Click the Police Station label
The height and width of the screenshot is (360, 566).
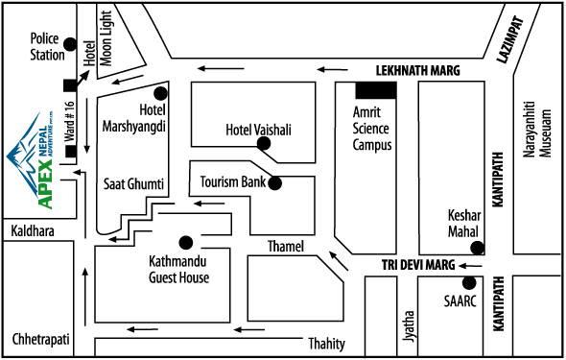pyautogui.click(x=47, y=47)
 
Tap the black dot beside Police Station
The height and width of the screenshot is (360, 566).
pyautogui.click(x=70, y=44)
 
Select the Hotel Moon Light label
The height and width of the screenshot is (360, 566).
pyautogui.click(x=100, y=42)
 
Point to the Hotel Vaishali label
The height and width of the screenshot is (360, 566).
pyautogui.click(x=258, y=130)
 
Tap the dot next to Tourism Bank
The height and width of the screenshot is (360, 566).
pyautogui.click(x=275, y=182)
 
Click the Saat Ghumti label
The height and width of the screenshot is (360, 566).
pyautogui.click(x=133, y=182)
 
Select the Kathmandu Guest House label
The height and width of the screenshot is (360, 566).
pyautogui.click(x=179, y=270)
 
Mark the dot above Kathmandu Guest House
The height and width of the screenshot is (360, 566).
pyautogui.click(x=186, y=241)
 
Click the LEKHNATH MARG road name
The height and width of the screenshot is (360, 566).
pyautogui.click(x=417, y=71)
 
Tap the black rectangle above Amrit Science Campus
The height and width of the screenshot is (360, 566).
pyautogui.click(x=376, y=90)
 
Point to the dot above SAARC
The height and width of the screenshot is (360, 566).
pyautogui.click(x=469, y=282)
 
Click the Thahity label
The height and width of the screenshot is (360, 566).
pyautogui.click(x=327, y=344)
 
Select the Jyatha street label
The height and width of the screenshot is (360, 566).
pyautogui.click(x=410, y=327)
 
